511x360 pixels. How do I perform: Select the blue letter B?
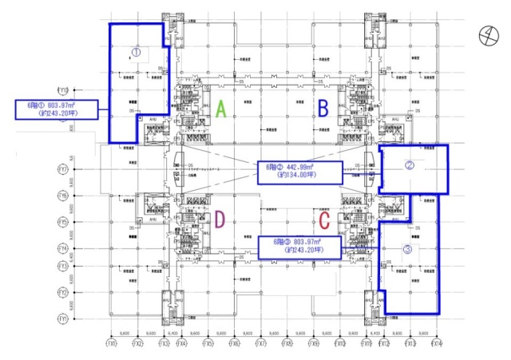[323, 107]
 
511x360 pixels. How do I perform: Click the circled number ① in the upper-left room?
[136, 52]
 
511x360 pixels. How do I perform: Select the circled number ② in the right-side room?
[410, 166]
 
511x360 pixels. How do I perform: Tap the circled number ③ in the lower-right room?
[408, 249]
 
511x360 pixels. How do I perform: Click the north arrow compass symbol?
[485, 34]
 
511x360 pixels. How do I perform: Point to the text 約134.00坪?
[294, 176]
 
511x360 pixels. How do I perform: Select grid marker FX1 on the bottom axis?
[112, 344]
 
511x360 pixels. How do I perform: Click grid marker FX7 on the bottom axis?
[261, 344]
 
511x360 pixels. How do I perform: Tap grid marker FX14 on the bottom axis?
[436, 344]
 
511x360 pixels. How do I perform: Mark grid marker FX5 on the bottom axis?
[208, 344]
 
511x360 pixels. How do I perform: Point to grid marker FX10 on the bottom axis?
[341, 344]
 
